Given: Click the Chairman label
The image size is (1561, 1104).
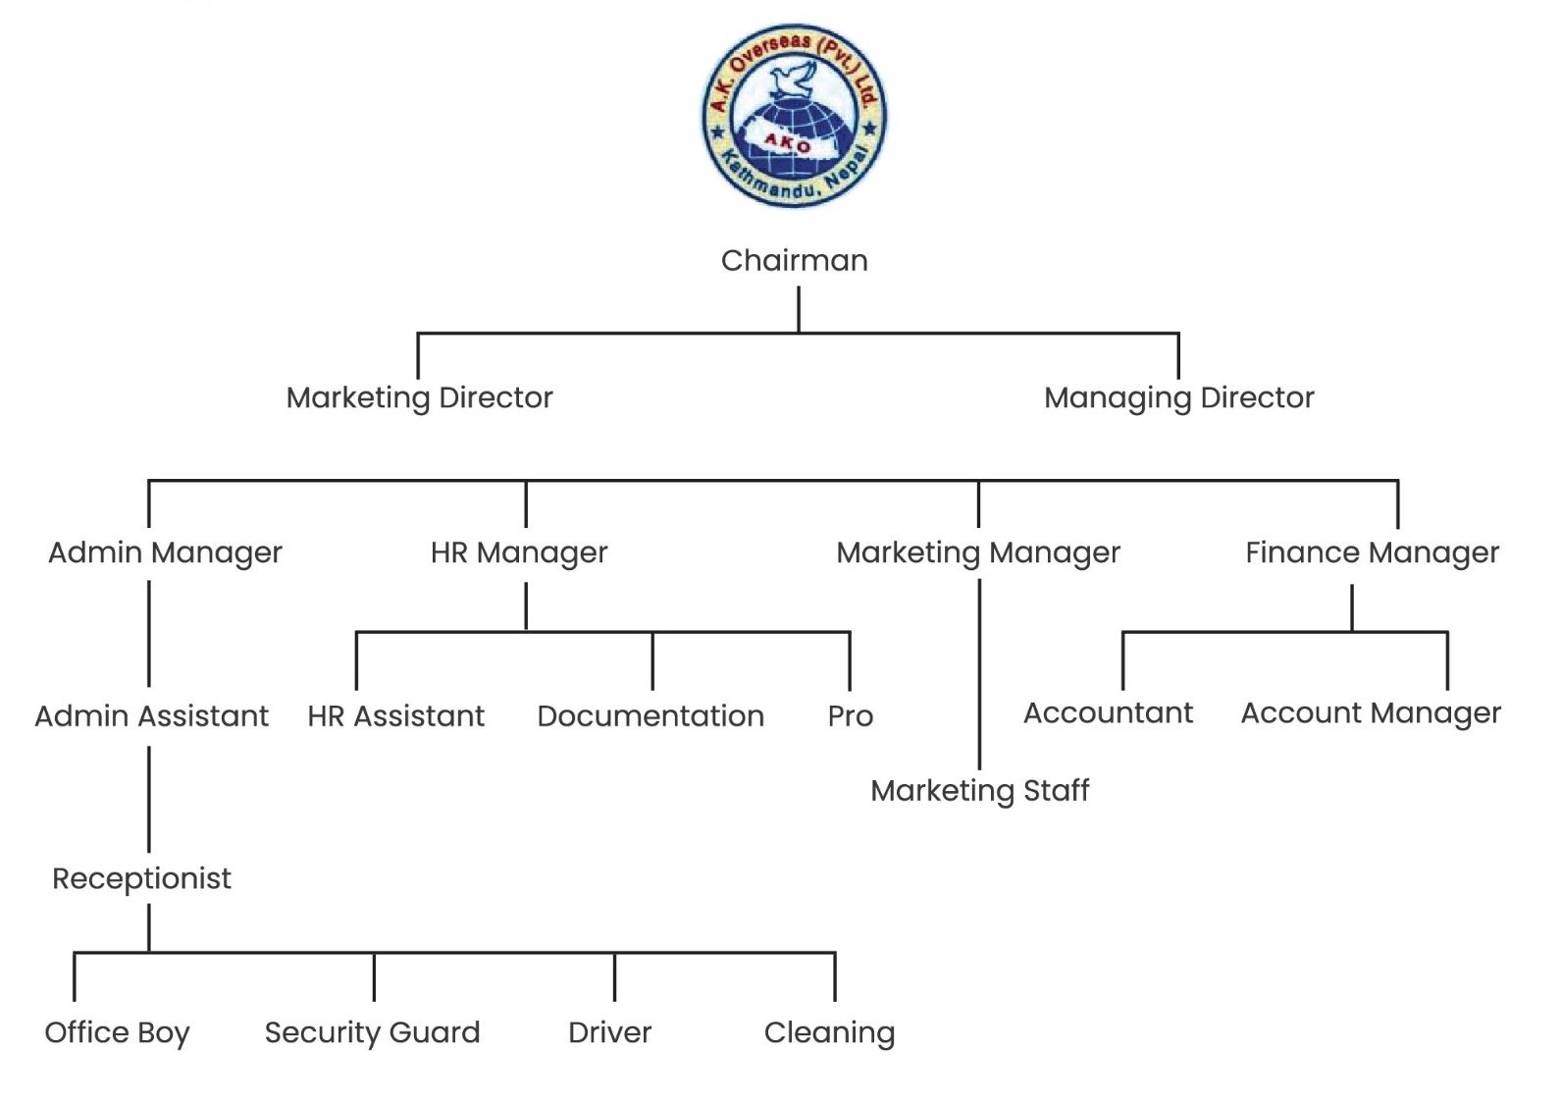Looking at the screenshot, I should tap(794, 261).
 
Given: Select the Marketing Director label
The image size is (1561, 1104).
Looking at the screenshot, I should tap(419, 397).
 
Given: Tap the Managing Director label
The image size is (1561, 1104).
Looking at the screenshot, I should tap(1178, 397).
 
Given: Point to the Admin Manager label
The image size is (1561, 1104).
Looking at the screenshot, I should tap(165, 552).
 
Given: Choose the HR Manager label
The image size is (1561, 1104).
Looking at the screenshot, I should tap(519, 552).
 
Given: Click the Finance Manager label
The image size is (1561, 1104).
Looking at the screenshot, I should tap(1372, 552).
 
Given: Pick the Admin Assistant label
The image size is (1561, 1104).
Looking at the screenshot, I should tap(151, 716).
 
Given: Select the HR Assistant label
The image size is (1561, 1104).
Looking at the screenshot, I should tap(395, 716).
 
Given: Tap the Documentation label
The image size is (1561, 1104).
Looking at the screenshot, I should tap(650, 716).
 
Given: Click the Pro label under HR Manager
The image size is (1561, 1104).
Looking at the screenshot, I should tap(850, 716).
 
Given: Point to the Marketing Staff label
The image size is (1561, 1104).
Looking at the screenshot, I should tap(979, 791).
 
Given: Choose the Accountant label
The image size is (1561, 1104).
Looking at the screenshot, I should tap(1108, 713).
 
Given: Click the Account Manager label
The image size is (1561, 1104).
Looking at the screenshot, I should tap(1371, 713).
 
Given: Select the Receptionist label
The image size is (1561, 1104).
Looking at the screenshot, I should tap(141, 878).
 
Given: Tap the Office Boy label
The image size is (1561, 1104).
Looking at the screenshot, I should tap(117, 1032).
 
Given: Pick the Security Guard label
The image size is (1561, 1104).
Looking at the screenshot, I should tap(372, 1032).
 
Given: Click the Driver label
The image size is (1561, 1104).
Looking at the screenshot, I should tap(609, 1032).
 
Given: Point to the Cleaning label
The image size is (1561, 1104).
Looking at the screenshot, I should tap(829, 1032).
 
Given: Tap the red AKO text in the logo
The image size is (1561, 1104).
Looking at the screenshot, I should tap(788, 143).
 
